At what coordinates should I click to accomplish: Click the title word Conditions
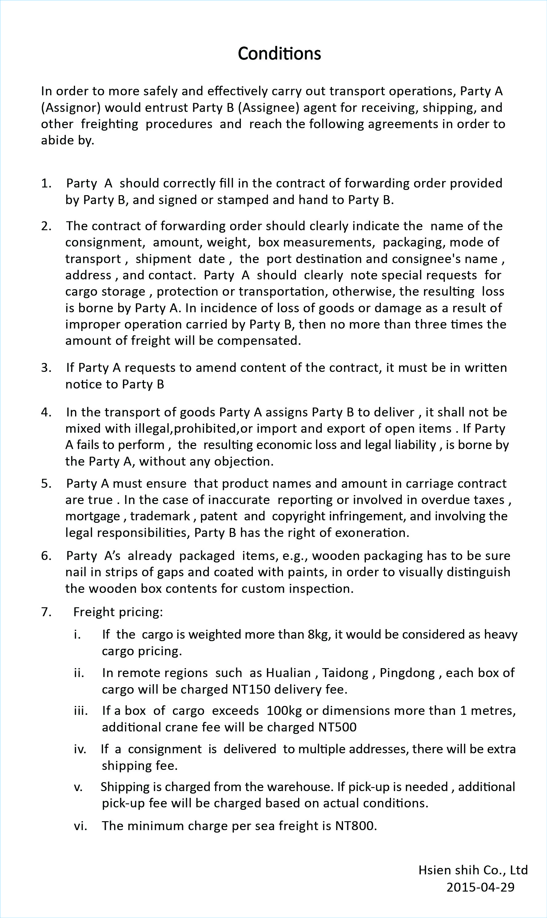(x=279, y=53)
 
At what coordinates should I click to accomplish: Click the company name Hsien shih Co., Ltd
(x=473, y=870)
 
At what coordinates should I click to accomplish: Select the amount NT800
(x=355, y=825)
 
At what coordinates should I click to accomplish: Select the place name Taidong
(x=345, y=673)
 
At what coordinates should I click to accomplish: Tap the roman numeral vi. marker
(x=80, y=825)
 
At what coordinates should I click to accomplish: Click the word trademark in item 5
(x=160, y=516)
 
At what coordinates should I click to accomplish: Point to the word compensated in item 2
(x=259, y=340)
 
